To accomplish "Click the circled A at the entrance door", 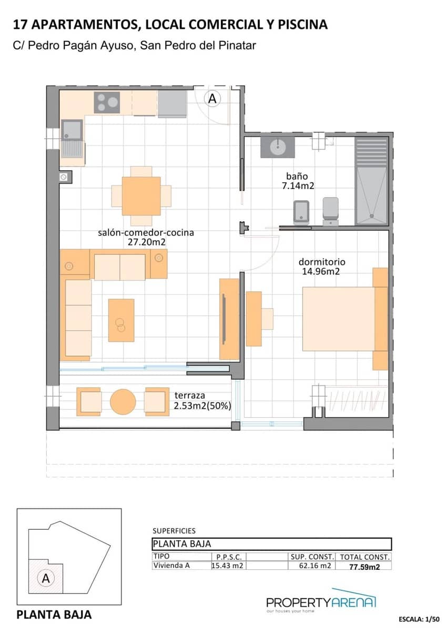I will (x=212, y=98).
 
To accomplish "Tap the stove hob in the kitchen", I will (x=107, y=102).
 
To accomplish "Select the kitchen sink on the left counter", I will (x=72, y=130).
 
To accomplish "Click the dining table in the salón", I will (x=141, y=196).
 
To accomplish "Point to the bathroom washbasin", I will (x=277, y=146).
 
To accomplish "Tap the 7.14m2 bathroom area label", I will (x=298, y=185).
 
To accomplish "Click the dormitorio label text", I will (x=322, y=262).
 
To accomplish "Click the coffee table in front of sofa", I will (x=121, y=320).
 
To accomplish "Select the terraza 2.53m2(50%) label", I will (x=199, y=401).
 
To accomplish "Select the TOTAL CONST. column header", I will (x=364, y=557).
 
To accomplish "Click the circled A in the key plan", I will (x=46, y=578).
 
